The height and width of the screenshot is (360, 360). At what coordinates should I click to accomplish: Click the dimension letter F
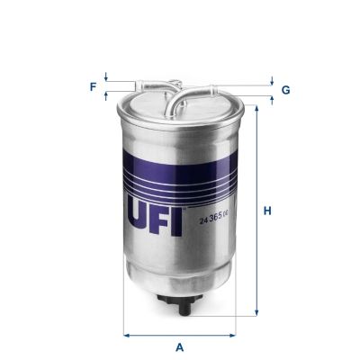tap(92, 86)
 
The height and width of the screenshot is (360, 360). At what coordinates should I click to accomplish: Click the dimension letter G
tap(285, 90)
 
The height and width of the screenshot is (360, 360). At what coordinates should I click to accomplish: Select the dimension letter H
tap(267, 211)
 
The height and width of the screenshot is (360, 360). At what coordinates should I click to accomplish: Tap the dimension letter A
tap(180, 346)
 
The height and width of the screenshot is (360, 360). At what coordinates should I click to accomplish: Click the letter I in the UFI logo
tap(178, 217)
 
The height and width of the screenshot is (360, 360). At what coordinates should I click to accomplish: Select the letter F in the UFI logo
tap(158, 217)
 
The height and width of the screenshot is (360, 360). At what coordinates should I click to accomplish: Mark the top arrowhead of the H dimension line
tap(256, 110)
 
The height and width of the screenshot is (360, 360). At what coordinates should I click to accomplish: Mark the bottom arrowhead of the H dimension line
tap(256, 314)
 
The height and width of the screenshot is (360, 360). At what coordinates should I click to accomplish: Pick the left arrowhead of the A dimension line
tap(126, 335)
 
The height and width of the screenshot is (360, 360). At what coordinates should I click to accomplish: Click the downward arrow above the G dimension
tap(271, 79)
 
